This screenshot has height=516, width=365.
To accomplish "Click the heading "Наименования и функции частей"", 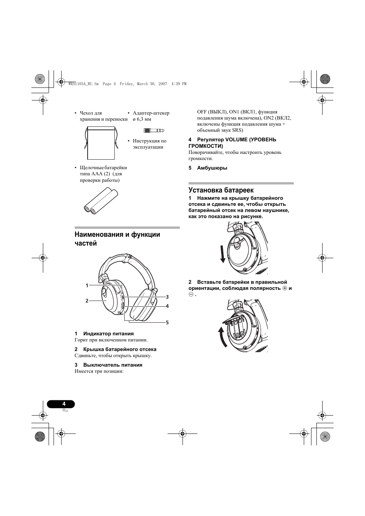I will tap(117, 239).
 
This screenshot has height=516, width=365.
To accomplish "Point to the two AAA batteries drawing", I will tap(100, 200).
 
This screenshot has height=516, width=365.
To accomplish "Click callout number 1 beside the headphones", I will tap(87, 285).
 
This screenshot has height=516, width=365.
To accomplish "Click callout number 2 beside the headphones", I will tap(87, 301).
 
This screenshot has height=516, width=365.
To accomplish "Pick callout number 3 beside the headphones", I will tap(167, 297).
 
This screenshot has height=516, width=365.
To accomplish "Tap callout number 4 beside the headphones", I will tap(167, 306).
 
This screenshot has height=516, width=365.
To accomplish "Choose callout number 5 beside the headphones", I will tap(167, 322).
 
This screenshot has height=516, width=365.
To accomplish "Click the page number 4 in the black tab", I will tap(64, 404).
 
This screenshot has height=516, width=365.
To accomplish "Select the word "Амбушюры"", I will tap(212, 168).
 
